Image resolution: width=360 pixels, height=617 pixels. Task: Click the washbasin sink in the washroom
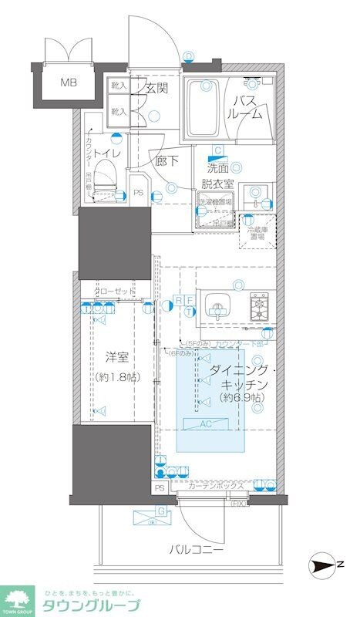click(259, 194)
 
